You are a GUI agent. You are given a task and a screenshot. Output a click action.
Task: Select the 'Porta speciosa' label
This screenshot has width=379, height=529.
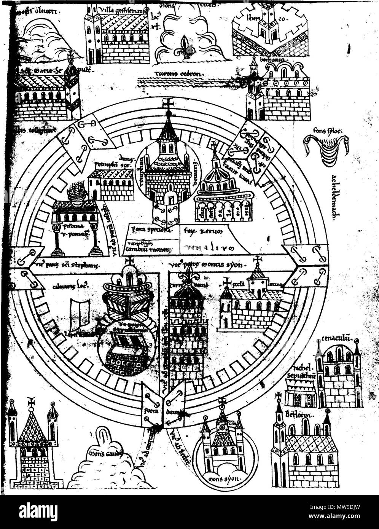click(149, 230)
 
